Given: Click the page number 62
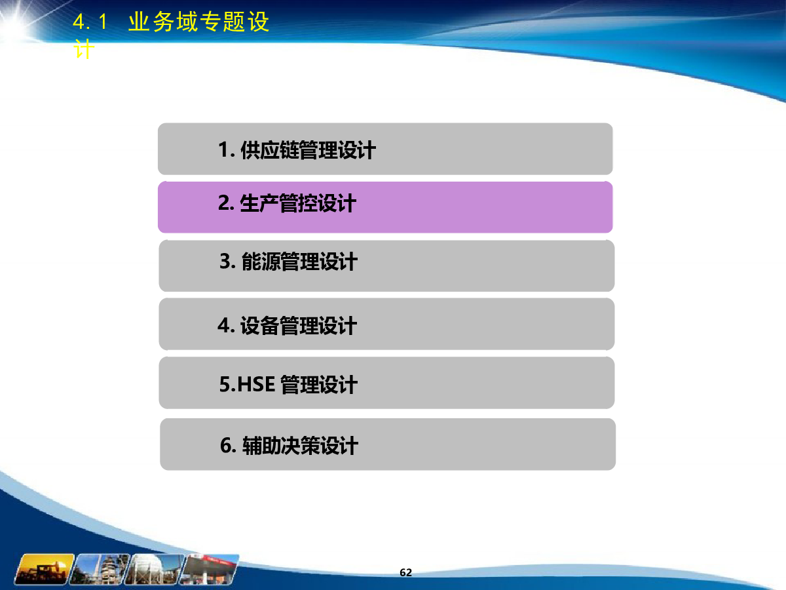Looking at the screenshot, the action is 405,572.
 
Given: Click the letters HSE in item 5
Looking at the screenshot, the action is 256,384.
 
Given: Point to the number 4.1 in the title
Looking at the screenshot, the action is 90,22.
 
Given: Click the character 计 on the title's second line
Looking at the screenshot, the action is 84,49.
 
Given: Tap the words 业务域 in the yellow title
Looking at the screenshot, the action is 163,22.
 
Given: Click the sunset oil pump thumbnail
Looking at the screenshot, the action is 44,569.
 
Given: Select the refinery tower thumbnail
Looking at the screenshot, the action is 99,569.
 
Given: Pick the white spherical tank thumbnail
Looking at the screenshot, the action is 155,569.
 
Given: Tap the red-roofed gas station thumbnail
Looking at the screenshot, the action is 210,569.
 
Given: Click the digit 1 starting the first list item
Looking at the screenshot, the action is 224,149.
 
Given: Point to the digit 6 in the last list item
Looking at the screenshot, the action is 226,445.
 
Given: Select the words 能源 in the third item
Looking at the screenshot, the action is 261,262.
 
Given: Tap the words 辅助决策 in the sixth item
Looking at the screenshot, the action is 281,446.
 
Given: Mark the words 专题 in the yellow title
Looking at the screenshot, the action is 221,22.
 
